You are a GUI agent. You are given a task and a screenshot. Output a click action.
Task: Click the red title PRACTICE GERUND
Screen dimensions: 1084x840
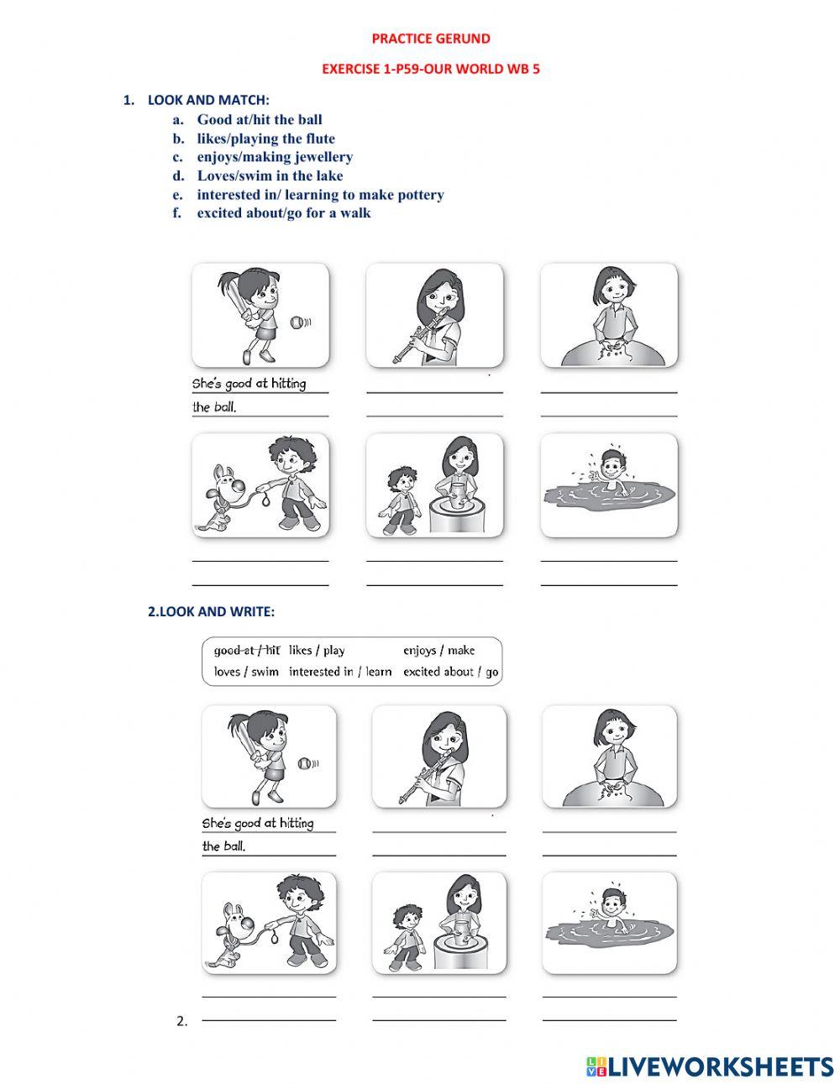click(431, 39)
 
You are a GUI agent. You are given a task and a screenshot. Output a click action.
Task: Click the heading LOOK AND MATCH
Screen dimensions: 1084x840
click(208, 100)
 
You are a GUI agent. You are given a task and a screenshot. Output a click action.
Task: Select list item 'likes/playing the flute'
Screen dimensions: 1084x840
click(265, 139)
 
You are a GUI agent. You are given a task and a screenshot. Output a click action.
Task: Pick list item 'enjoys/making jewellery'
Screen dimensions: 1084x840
click(275, 157)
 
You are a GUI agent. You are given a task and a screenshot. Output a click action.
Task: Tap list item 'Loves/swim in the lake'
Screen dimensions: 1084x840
click(270, 175)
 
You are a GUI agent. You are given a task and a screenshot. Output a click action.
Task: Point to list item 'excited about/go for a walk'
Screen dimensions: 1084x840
click(284, 212)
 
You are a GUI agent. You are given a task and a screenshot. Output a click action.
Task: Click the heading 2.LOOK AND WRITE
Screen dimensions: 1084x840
click(211, 611)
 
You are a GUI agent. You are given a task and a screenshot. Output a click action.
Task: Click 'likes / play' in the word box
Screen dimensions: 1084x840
click(317, 650)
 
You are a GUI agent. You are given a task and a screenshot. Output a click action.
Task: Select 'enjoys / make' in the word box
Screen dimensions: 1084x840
click(438, 650)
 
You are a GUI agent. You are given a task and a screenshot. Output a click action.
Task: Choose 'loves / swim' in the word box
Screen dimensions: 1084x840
click(246, 672)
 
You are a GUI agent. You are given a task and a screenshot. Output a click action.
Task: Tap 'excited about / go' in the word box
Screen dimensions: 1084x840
click(450, 672)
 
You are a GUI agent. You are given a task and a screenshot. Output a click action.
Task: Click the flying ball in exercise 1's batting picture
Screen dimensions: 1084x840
click(296, 322)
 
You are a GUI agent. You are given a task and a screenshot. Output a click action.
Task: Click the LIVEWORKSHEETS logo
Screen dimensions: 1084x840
click(710, 1066)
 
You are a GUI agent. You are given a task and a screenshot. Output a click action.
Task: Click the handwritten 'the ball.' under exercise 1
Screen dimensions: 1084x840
click(214, 408)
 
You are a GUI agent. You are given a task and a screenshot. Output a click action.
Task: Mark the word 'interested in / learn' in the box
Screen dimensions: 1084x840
click(340, 672)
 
